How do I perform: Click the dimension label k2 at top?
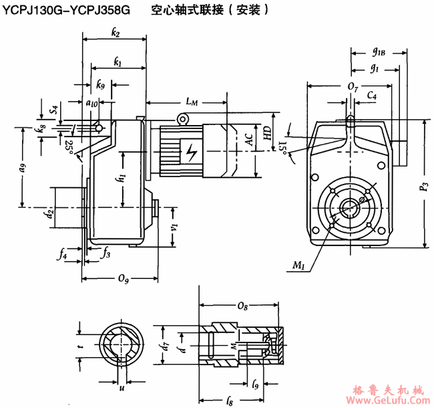click(x=116, y=33)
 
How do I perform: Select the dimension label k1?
click(x=118, y=62)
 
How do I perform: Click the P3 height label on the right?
click(x=423, y=187)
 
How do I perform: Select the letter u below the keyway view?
click(x=122, y=388)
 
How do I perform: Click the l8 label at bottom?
click(x=229, y=401)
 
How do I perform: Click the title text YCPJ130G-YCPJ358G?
click(x=67, y=9)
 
